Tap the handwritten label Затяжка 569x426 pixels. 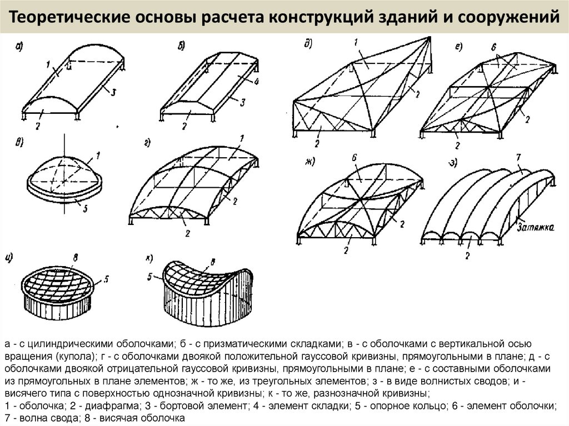click(x=535, y=227)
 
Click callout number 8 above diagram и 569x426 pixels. click(x=76, y=257)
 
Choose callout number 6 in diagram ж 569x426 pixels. click(x=353, y=158)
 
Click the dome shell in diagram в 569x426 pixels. click(x=64, y=169)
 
